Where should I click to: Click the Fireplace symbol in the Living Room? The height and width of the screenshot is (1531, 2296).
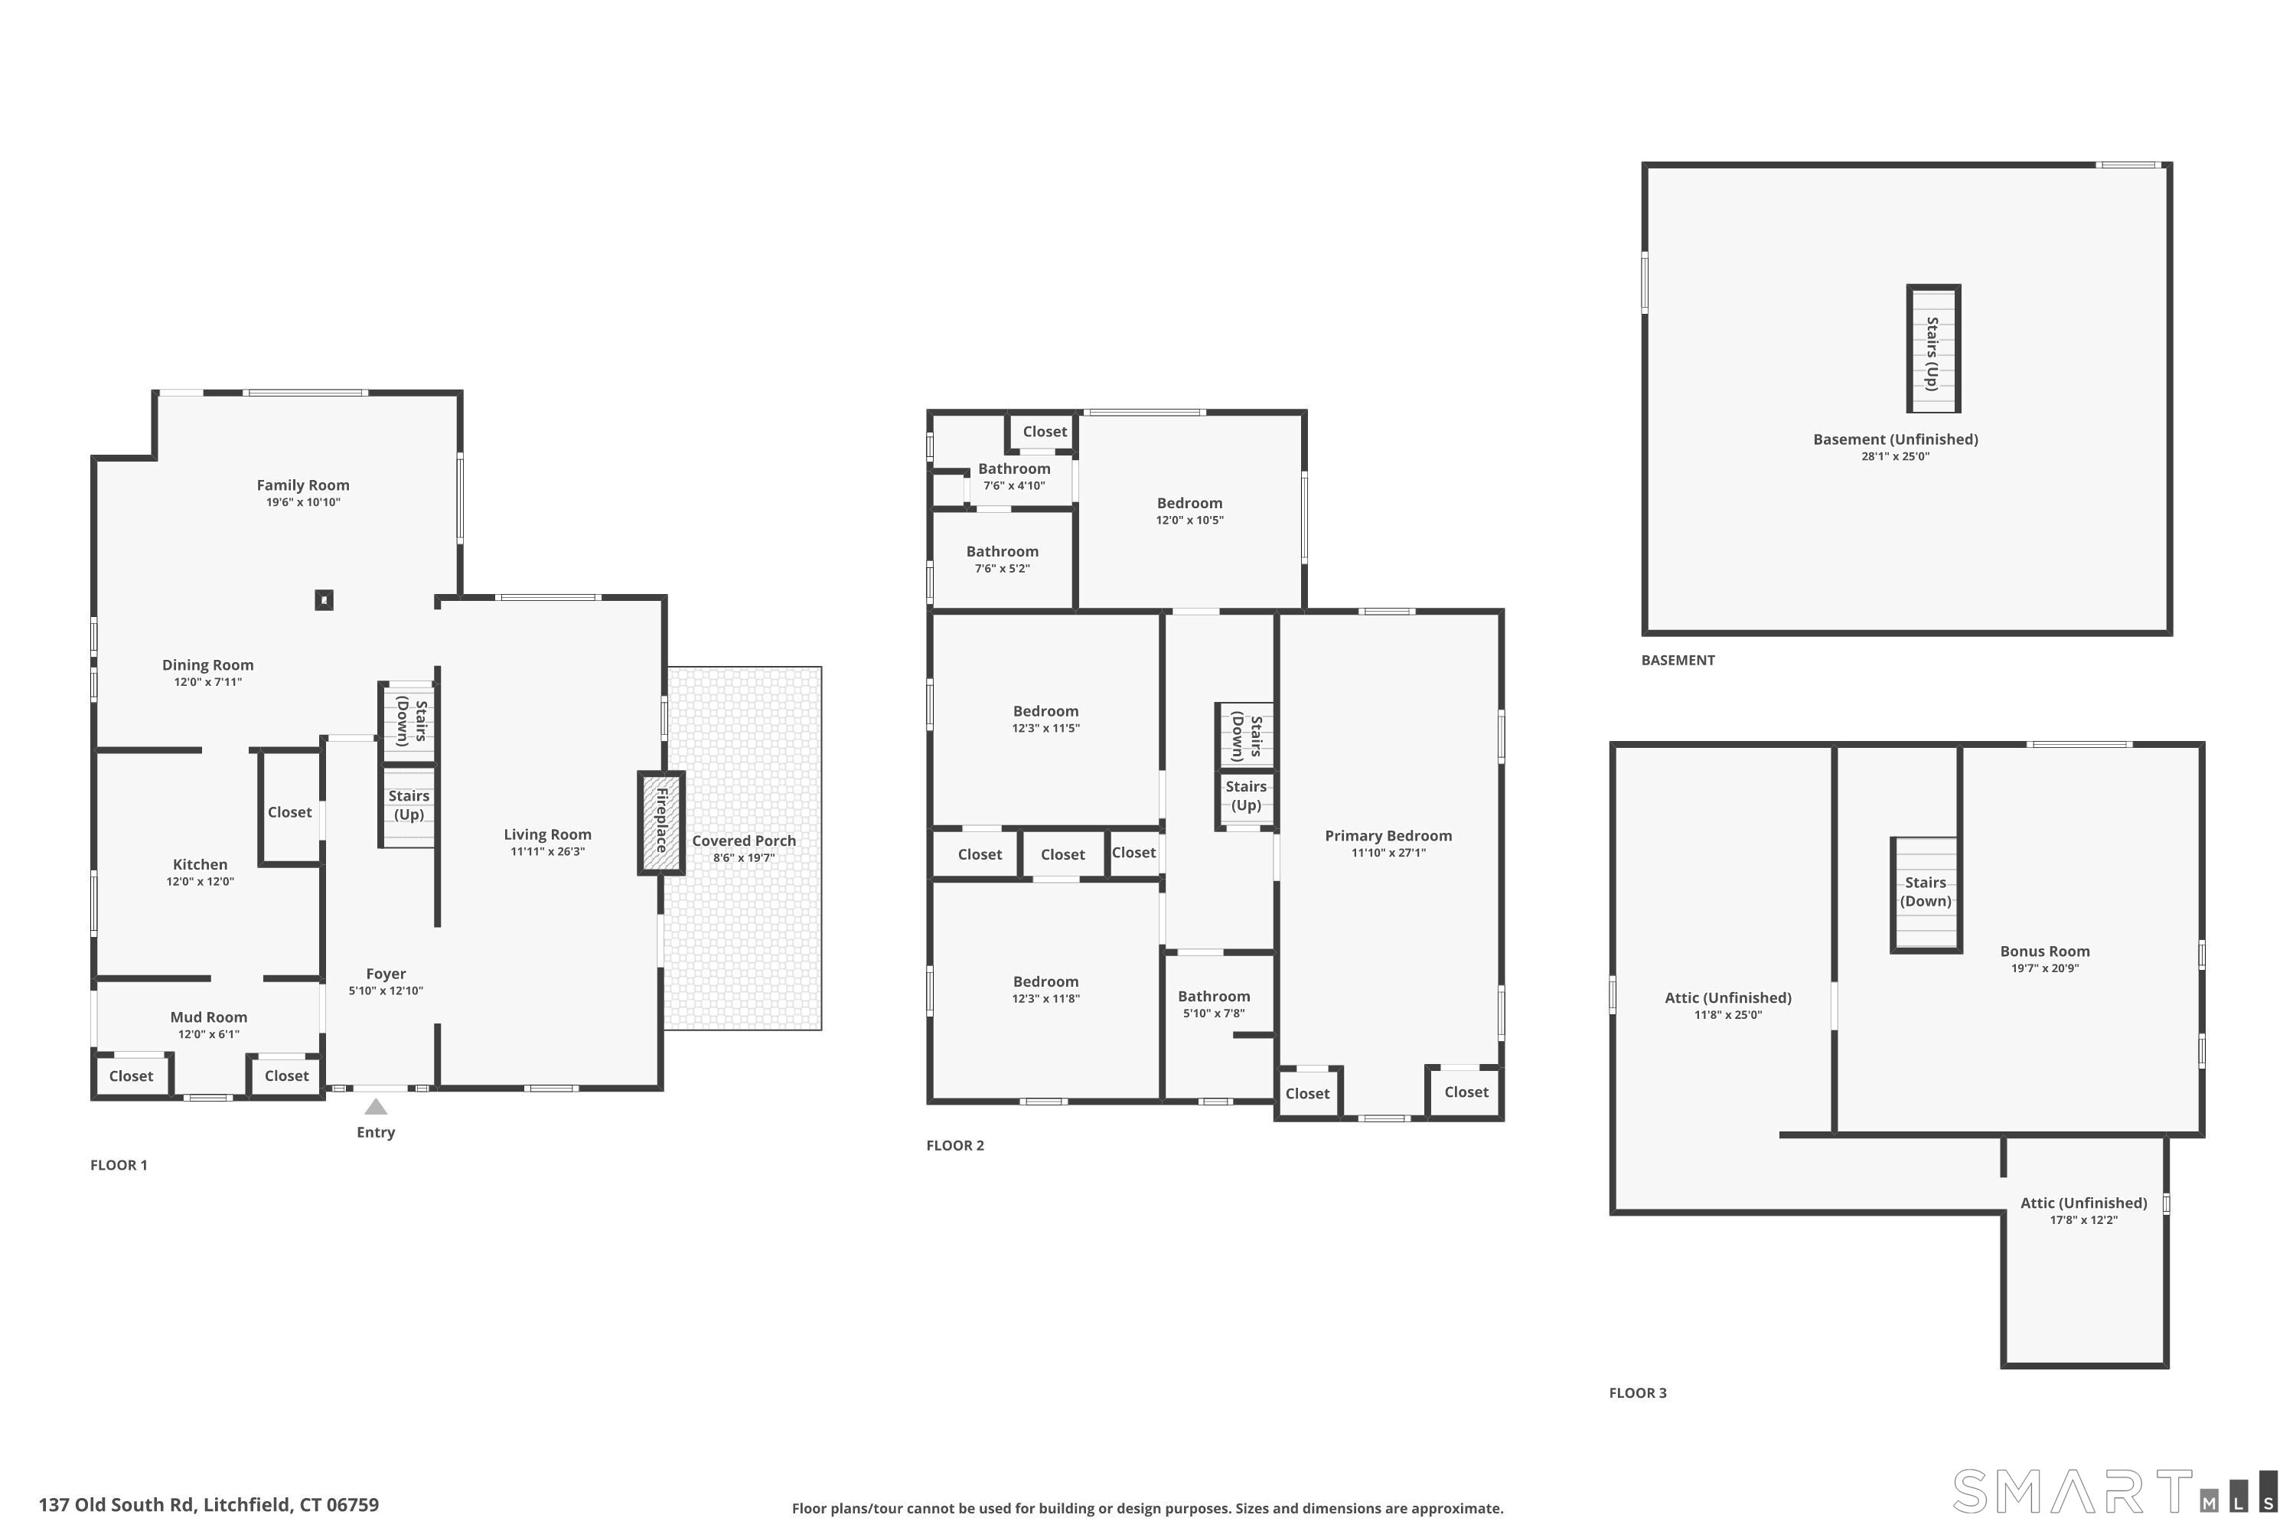(661, 823)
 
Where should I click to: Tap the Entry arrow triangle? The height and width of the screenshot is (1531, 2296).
(376, 1106)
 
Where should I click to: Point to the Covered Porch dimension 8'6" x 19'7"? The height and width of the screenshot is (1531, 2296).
(744, 858)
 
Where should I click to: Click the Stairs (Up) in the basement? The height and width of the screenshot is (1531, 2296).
(1934, 348)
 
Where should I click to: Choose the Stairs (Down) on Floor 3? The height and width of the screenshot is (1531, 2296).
(1926, 893)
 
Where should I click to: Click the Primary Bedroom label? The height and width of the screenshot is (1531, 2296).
(1388, 836)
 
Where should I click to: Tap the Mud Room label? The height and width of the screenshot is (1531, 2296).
(209, 1017)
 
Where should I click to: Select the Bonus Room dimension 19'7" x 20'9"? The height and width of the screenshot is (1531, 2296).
(2045, 968)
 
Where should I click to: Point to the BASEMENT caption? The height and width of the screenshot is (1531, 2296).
(1678, 660)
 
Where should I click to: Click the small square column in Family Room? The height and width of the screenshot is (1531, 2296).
(324, 599)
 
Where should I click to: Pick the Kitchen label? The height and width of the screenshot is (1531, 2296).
(200, 865)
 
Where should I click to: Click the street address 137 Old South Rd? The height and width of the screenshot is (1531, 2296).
(117, 1505)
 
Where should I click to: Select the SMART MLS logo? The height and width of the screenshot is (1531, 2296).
(2115, 1491)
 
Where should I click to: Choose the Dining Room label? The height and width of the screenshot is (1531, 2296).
(208, 666)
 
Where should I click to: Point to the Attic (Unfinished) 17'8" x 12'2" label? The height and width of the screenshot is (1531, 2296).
(2083, 1211)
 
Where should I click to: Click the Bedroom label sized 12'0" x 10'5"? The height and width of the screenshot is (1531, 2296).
(1190, 511)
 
